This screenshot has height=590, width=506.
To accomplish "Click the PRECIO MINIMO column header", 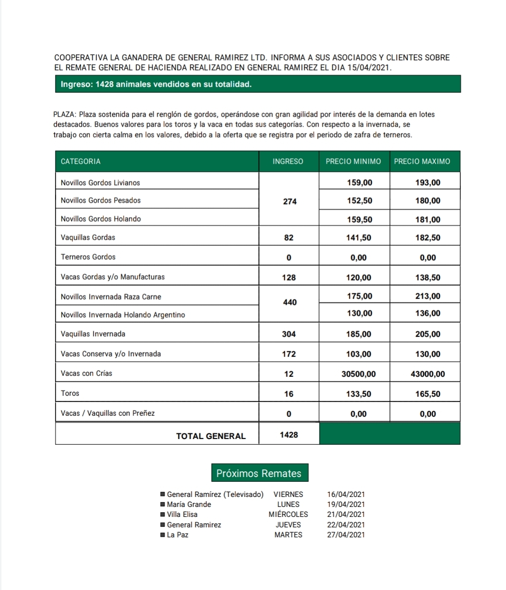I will coord(353,161).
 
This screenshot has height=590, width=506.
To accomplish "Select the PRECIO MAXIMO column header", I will coord(422,161).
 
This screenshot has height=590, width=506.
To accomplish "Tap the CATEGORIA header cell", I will coord(81,161).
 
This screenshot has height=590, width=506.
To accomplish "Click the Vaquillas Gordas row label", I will coord(88,237).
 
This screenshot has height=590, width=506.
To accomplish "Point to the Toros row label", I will coord(70,393).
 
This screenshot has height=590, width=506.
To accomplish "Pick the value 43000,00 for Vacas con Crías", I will coord(428,374).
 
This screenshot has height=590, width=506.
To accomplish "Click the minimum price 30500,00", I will coord(358,374).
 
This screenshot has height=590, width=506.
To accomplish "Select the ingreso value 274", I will coord(290,201).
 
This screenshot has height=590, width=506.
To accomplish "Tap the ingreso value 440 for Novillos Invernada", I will coord(290,302).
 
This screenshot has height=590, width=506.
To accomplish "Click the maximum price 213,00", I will coord(428,296).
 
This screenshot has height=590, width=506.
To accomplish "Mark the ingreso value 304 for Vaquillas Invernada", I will coord(289,334).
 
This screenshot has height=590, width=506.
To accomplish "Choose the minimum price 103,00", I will coord(358,354).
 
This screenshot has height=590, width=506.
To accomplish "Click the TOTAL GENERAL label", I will coord(211,436).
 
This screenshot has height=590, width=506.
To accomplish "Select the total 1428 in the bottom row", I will coord(289,435).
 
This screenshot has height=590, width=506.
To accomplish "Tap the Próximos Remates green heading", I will coord(259,473).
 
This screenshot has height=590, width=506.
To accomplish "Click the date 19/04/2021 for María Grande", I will coord(346,505).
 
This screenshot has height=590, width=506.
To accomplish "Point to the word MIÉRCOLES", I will coord(288,515).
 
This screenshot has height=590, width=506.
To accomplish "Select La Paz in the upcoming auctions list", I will coord(178,535).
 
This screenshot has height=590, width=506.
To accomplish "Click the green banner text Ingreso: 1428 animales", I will coord(156,84).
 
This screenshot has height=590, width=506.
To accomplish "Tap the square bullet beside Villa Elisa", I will coord(163,515).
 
